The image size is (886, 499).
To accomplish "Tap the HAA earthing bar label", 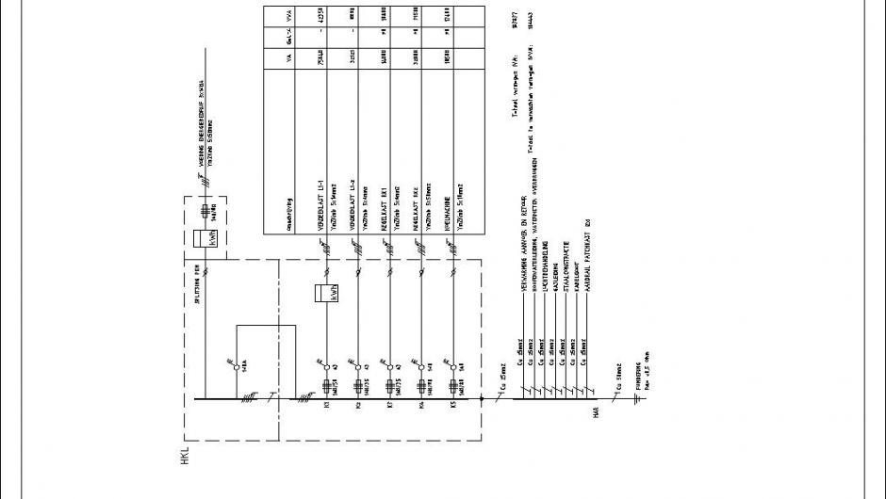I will point(596,411).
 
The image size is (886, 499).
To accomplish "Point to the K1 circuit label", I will point(326,407).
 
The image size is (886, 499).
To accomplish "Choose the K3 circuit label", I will point(388,407).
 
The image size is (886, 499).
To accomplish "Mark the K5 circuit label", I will point(452,407).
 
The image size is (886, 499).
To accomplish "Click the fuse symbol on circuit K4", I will point(421,385).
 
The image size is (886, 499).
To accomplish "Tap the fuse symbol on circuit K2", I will point(358,385).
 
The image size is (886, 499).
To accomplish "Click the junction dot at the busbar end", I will point(483,399).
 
